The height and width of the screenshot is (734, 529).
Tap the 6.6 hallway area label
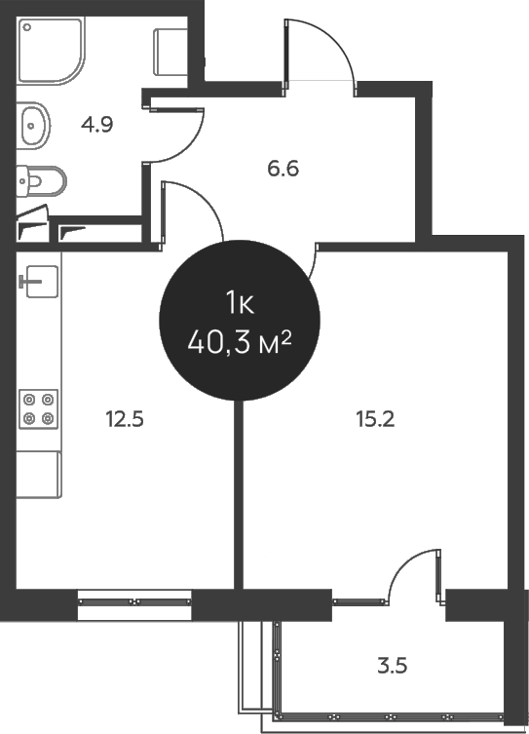point(283,168)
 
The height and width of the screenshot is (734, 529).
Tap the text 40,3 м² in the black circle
point(241,342)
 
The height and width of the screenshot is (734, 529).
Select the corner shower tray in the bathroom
point(50,52)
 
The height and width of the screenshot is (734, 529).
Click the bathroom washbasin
point(33,124)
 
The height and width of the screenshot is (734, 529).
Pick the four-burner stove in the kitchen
point(38,407)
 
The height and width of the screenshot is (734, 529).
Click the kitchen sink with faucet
point(38,281)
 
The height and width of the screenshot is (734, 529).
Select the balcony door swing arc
point(409,565)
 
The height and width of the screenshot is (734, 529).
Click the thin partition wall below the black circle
point(238,487)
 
